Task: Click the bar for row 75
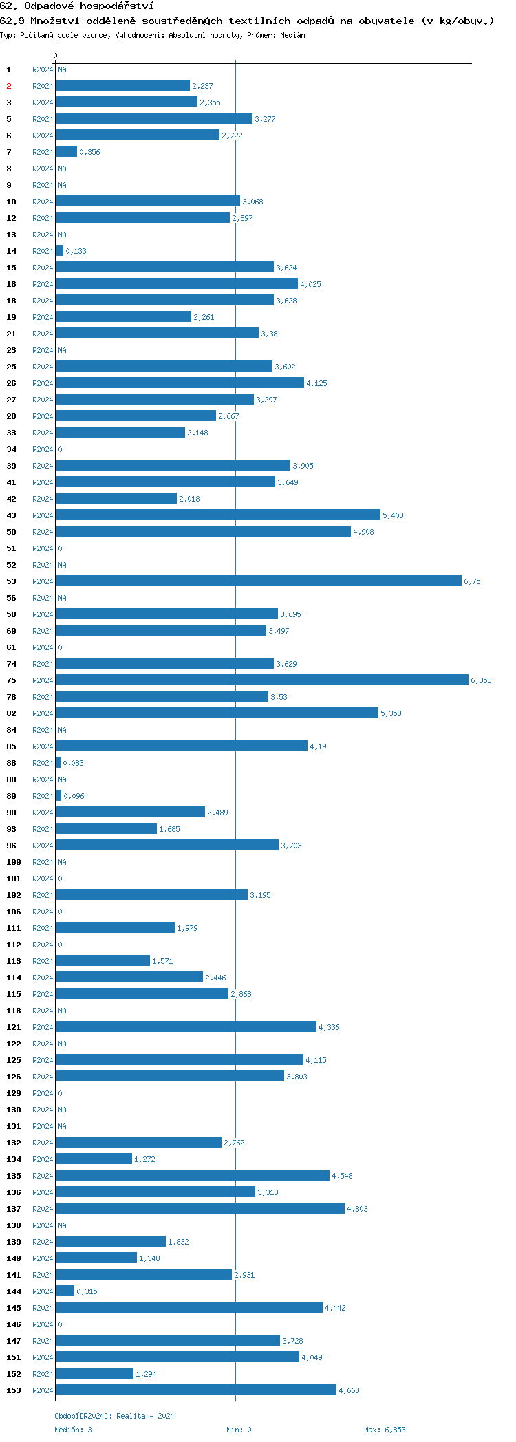point(261,680)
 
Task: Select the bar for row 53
point(258,581)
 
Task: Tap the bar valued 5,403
point(217,515)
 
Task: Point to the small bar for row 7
point(66,152)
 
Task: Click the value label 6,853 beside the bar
point(481,680)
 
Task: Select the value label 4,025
point(310,284)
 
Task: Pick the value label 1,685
point(169,829)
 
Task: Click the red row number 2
point(9,86)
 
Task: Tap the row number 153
point(13,1390)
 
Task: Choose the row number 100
point(13,862)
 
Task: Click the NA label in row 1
point(62,69)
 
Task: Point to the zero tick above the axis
point(56,56)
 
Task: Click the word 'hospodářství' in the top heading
point(116,6)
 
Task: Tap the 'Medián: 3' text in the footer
point(73,1430)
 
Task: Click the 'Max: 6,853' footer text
point(385,1430)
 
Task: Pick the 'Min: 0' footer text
point(239,1430)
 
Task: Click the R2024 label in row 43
point(43,515)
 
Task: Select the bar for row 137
point(200,1209)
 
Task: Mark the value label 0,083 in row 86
point(73,763)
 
